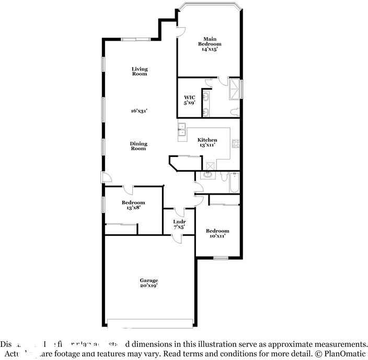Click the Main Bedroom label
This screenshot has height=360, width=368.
pyautogui.click(x=209, y=41)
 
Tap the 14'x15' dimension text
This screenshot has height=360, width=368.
pyautogui.click(x=209, y=49)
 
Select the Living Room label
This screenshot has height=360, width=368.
pyautogui.click(x=139, y=71)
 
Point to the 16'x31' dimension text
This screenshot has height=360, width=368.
pyautogui.click(x=139, y=110)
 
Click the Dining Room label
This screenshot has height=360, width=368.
pyautogui.click(x=139, y=146)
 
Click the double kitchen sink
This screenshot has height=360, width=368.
pyautogui.click(x=181, y=130)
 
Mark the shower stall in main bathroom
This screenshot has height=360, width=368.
pyautogui.click(x=235, y=89)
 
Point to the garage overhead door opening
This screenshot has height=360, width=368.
pyautogui.click(x=148, y=322)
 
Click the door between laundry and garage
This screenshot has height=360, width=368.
pyautogui.click(x=178, y=239)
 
